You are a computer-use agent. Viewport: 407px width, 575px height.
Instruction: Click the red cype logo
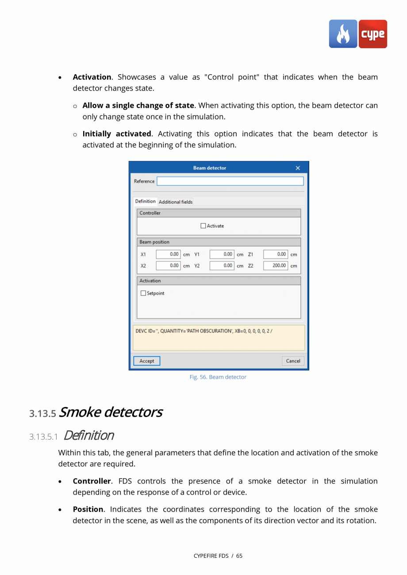pyautogui.click(x=372, y=34)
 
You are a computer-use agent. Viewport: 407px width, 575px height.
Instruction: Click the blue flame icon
pyautogui.click(x=343, y=34)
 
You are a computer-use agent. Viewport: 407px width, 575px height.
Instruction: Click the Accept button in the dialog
pyautogui.click(x=146, y=361)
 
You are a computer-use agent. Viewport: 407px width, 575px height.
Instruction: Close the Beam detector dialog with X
pyautogui.click(x=298, y=168)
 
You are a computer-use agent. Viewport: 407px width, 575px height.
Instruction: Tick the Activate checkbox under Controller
pyautogui.click(x=203, y=226)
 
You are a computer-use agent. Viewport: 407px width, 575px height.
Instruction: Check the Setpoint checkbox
pyautogui.click(x=143, y=293)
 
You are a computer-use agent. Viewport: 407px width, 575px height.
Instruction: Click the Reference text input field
pyautogui.click(x=230, y=181)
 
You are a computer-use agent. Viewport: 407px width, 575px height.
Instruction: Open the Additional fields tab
pyautogui.click(x=176, y=202)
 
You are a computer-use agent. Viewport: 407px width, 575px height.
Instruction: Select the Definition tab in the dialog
pyautogui.click(x=145, y=202)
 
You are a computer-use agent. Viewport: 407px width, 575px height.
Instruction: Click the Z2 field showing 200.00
pyautogui.click(x=275, y=266)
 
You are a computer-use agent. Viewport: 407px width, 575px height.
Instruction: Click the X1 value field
pyautogui.click(x=168, y=254)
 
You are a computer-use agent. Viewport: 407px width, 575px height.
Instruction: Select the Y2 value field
pyautogui.click(x=221, y=266)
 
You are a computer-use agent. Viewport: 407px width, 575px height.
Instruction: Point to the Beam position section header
pyautogui.click(x=154, y=242)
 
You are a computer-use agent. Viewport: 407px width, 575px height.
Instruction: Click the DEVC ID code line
pyautogui.click(x=204, y=331)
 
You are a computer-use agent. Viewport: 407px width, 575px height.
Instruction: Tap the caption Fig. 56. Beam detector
pyautogui.click(x=218, y=377)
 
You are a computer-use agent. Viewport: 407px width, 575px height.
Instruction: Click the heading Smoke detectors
pyautogui.click(x=110, y=412)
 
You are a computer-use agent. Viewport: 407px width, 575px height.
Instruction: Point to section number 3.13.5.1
pyautogui.click(x=44, y=437)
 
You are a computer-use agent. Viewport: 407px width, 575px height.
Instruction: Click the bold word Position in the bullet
pyautogui.click(x=88, y=510)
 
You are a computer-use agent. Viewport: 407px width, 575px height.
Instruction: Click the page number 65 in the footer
pyautogui.click(x=239, y=556)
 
